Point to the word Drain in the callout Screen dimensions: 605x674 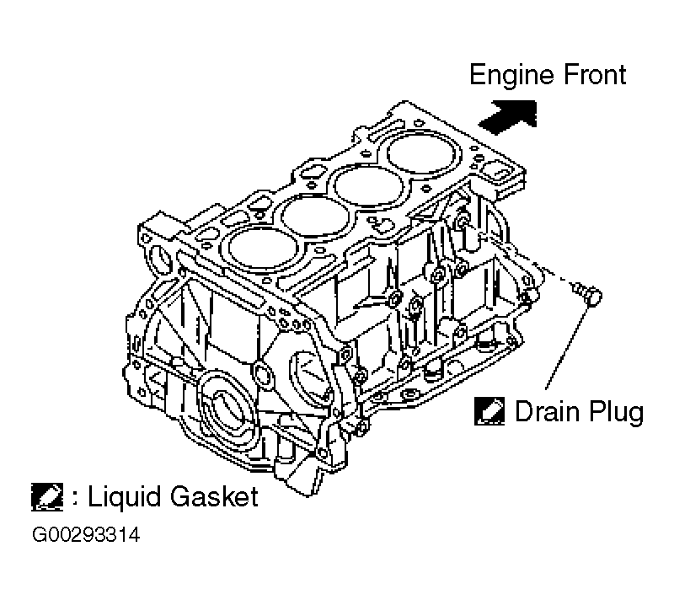pos(544,412)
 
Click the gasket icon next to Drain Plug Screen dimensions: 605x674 pos(489,411)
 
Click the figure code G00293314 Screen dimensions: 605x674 pos(87,535)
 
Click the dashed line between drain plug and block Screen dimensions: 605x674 pos(552,275)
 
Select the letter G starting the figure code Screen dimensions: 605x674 pos(39,535)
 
